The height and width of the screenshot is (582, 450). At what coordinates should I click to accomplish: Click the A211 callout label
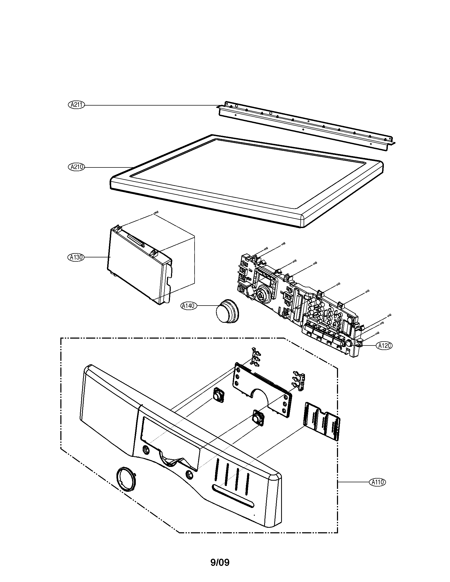[x=76, y=105]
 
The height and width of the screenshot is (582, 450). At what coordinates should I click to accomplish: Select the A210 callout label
[x=76, y=167]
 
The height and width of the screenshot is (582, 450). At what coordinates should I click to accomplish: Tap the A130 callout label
[x=75, y=257]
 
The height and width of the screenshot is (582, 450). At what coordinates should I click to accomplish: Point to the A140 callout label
[x=188, y=306]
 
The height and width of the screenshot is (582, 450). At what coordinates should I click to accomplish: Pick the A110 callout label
[x=377, y=482]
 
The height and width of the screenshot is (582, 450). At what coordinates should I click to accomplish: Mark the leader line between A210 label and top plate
[x=107, y=167]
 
